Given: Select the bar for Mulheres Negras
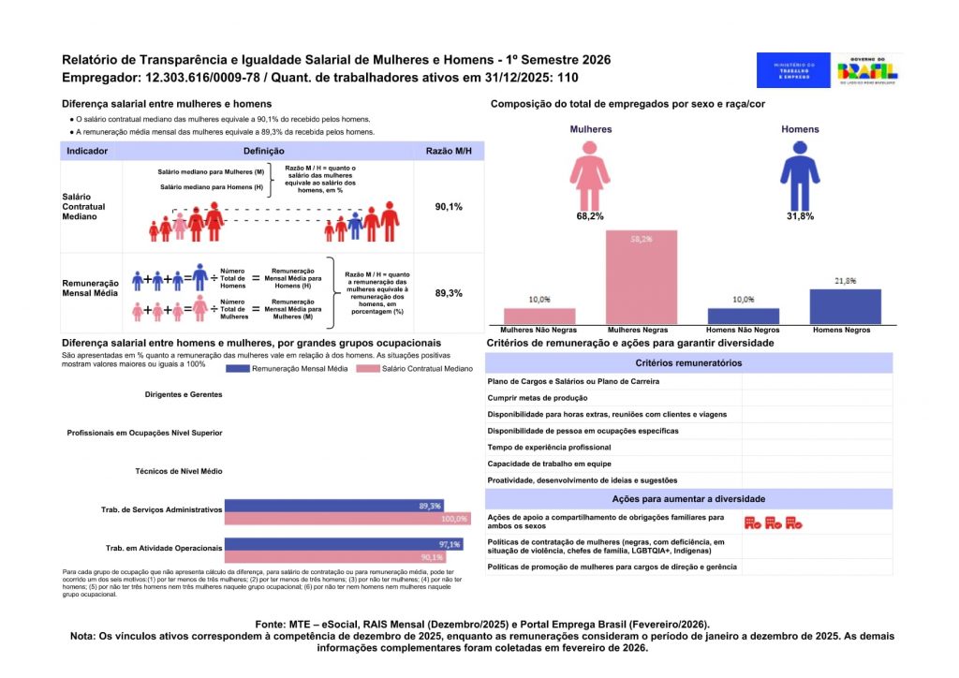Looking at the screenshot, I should click(x=642, y=277).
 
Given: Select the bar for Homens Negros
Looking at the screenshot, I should click(x=845, y=306).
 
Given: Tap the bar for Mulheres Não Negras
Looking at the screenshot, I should click(x=540, y=316).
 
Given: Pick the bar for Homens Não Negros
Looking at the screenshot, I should click(x=744, y=316).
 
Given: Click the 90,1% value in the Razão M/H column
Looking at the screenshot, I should click(x=449, y=206).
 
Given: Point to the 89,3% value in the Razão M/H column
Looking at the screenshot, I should click(x=449, y=293).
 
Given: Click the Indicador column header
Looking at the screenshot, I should click(x=87, y=150).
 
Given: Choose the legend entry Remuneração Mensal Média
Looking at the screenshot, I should click(x=287, y=369).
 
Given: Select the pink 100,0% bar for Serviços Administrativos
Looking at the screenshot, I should click(x=347, y=519).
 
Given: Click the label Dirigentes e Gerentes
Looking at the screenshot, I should click(x=184, y=394).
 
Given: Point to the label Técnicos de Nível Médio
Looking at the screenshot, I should click(x=179, y=471).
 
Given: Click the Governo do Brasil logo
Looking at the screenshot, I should click(x=868, y=70).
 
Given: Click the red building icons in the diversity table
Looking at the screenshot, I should click(x=773, y=523).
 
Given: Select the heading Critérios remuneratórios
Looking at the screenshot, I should click(x=688, y=362).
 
